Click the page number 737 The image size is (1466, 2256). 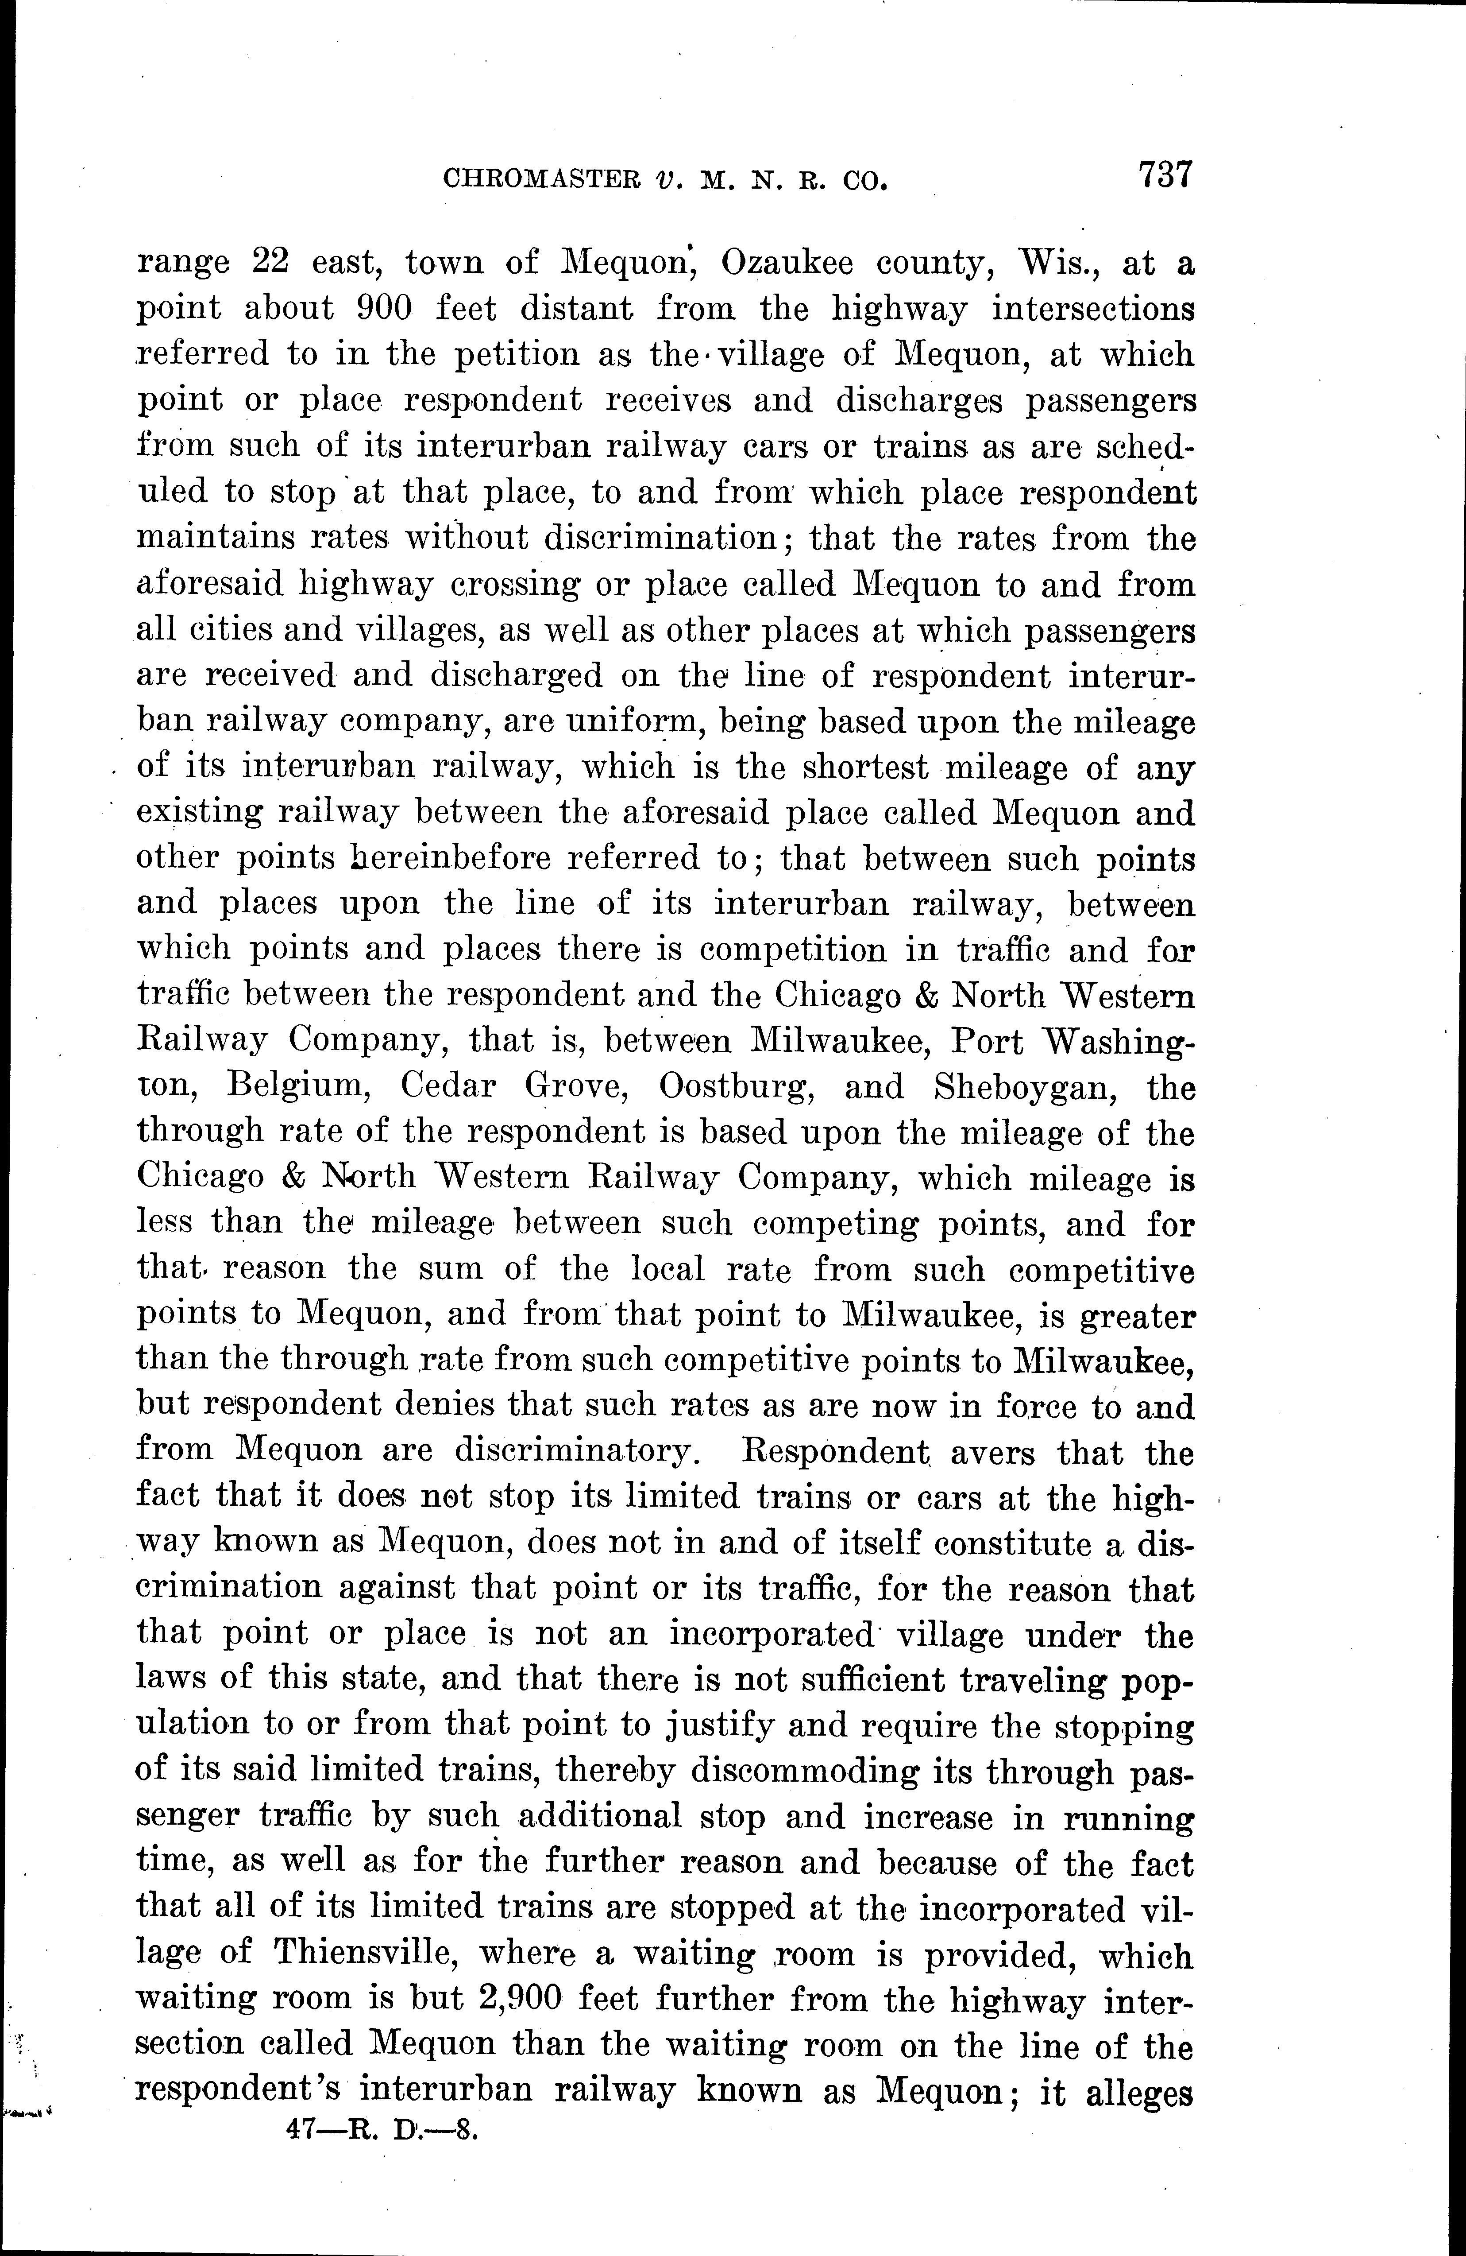pos(1165,176)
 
